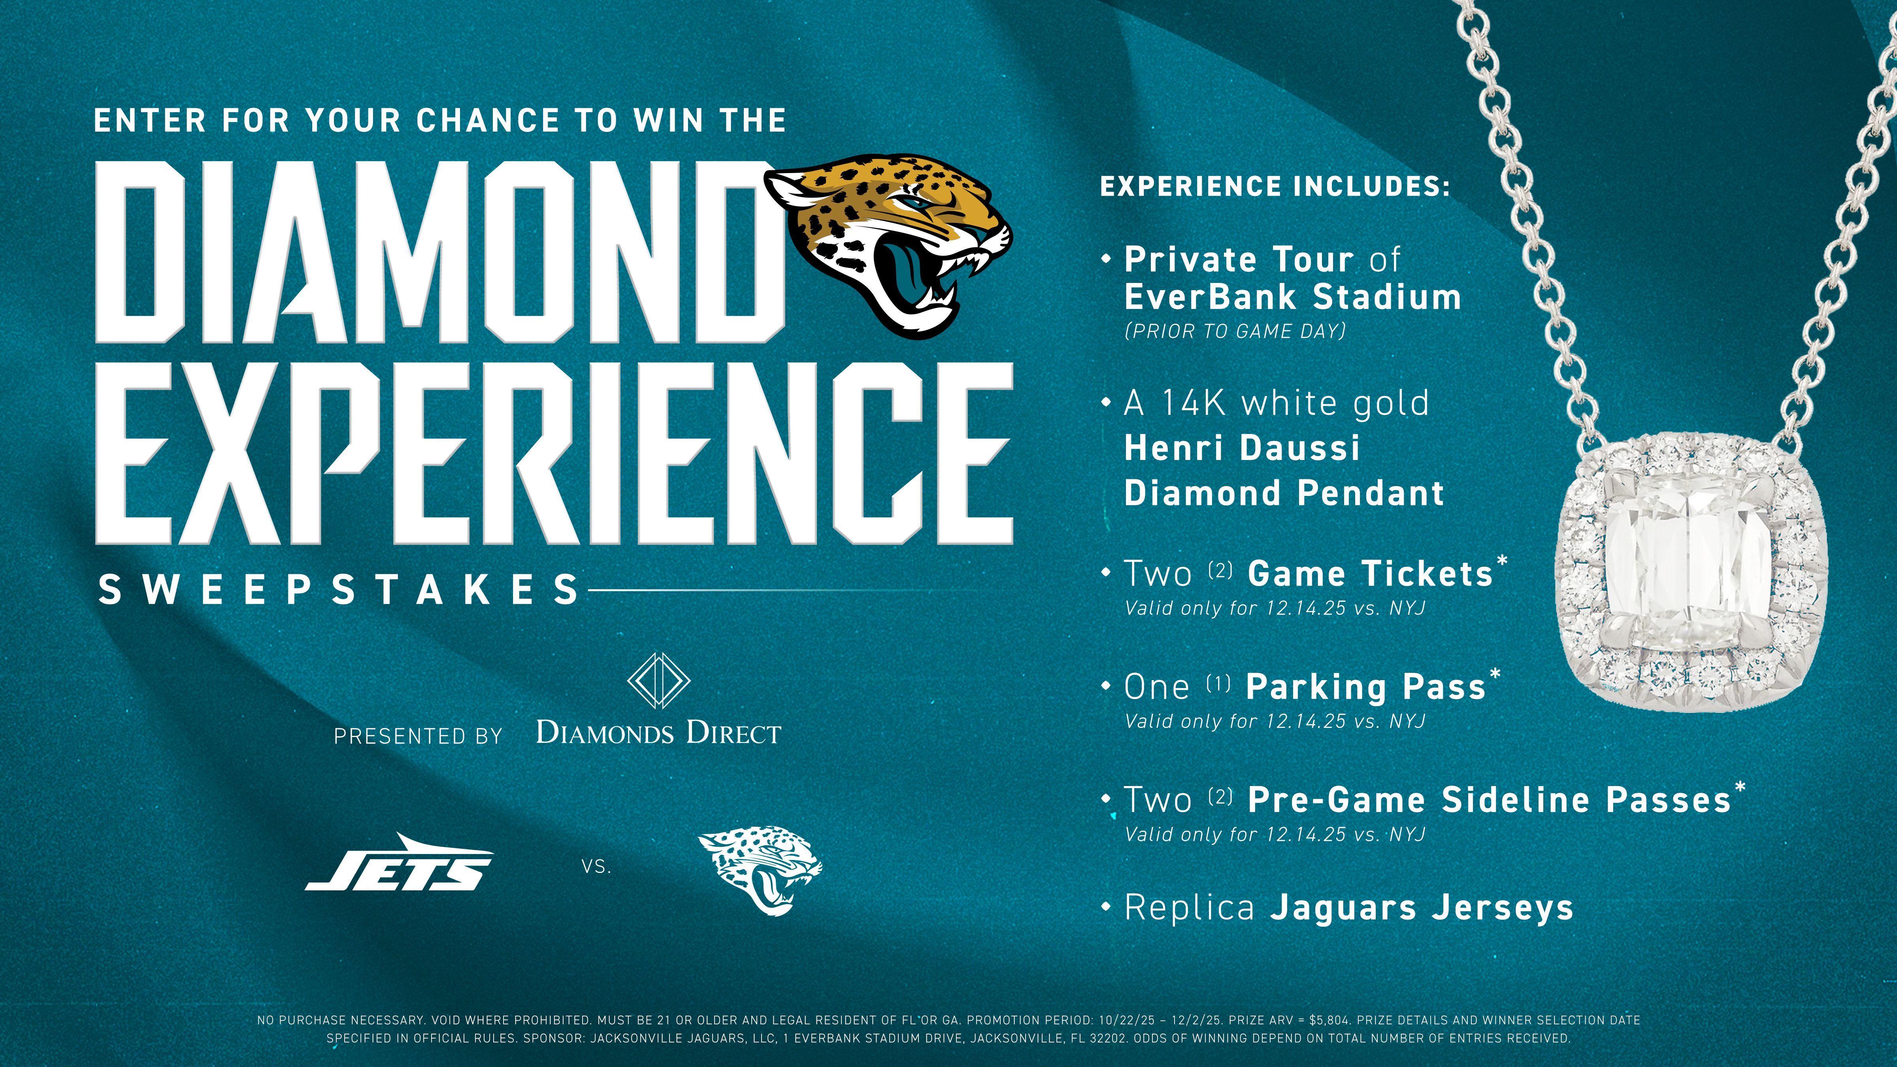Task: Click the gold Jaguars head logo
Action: point(887,243)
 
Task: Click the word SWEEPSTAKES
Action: point(339,590)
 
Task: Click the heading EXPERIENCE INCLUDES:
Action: point(1275,186)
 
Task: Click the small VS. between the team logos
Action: point(596,867)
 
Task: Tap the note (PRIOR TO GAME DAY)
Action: point(1235,332)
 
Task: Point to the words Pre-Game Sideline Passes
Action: point(1489,800)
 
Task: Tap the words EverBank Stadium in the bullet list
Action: point(1292,297)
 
